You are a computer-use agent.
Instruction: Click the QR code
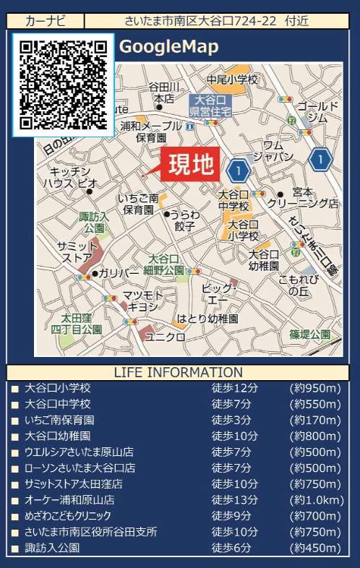coord(64,85)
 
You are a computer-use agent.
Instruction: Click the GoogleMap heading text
coord(168,47)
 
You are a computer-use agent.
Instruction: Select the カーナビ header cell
coord(45,21)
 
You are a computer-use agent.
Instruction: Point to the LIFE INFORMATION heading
coord(179,373)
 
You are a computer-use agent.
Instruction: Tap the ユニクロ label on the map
coord(161,336)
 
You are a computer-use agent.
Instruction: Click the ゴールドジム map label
coord(317,111)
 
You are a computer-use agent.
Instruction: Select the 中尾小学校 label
coord(232,79)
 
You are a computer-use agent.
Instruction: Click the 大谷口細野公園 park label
coord(163,264)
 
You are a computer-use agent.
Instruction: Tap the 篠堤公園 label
coord(309,334)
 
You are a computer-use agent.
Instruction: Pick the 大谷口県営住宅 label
coord(210,106)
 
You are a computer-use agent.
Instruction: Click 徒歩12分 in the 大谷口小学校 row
coord(234,388)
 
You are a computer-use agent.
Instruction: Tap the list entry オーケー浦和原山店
coord(69,499)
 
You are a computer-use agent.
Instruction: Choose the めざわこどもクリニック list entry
coord(68,515)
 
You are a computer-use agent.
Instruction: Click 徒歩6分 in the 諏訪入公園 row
coord(231,547)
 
